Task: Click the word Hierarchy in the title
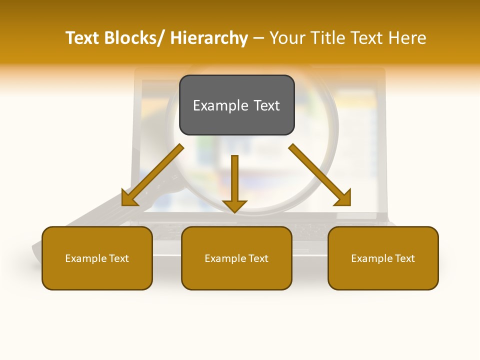point(209,38)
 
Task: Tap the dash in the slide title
point(258,38)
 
